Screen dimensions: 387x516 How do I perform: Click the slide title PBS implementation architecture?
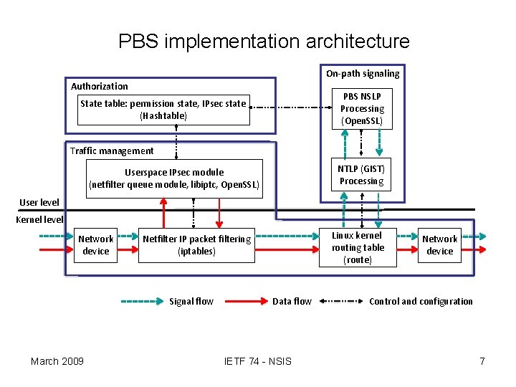pos(264,42)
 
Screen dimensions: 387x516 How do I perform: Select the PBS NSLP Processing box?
pos(362,109)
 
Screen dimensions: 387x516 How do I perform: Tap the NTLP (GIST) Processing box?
pos(361,175)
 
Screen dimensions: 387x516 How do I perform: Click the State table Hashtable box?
pos(163,110)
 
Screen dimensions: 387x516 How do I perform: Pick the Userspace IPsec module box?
pos(173,178)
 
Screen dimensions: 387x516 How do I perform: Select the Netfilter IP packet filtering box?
pos(197,245)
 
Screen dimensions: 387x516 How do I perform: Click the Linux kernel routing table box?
pos(358,247)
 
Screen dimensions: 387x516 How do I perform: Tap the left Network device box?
pos(95,245)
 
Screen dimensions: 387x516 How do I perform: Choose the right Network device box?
pos(439,245)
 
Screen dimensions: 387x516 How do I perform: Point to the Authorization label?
pos(99,86)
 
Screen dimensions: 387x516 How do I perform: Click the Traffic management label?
pos(112,150)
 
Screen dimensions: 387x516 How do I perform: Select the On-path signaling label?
pos(363,73)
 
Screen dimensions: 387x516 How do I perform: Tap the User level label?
pos(39,203)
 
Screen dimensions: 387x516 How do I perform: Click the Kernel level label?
pos(39,219)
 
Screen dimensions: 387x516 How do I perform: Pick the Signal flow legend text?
pos(191,302)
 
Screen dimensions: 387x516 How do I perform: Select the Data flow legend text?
pos(292,302)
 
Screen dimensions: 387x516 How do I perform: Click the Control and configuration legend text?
pos(421,302)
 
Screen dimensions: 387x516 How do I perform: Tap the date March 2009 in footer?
pos(57,360)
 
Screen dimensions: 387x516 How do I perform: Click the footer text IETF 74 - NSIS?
pos(258,360)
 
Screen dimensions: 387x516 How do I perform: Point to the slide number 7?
pos(482,360)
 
